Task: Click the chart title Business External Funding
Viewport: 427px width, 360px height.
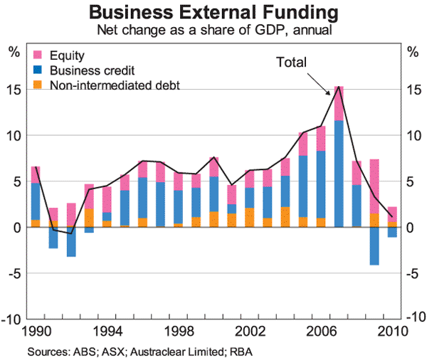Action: [x=213, y=13]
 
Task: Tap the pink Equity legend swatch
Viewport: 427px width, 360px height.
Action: [x=38, y=55]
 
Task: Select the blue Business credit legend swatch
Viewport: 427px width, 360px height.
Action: [x=38, y=70]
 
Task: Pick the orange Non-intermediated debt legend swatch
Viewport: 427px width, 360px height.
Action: [x=38, y=85]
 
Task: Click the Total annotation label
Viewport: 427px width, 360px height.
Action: [x=291, y=63]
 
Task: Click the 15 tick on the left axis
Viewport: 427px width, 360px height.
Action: [x=14, y=90]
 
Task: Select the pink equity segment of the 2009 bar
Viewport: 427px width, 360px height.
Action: [x=374, y=185]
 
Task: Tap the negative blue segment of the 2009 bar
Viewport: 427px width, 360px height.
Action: [x=374, y=246]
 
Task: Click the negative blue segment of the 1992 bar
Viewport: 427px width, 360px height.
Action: [x=72, y=242]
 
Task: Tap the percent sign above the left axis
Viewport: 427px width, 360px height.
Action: [x=14, y=51]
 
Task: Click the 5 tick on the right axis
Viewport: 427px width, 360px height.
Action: [x=411, y=181]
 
